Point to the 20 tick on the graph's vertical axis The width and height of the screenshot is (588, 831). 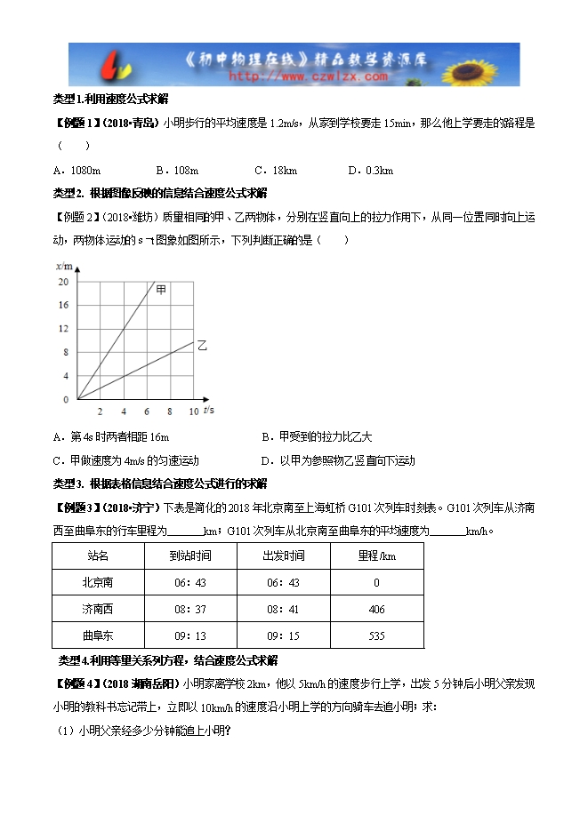click(x=62, y=283)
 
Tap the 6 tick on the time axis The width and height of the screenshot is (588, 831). click(x=146, y=411)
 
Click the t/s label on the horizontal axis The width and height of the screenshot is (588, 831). click(x=208, y=410)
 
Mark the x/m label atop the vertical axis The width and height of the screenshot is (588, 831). click(x=62, y=266)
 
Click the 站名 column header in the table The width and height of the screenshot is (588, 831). click(x=98, y=555)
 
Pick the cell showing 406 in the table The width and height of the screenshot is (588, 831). click(x=376, y=609)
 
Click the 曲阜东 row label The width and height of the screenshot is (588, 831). click(x=98, y=635)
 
